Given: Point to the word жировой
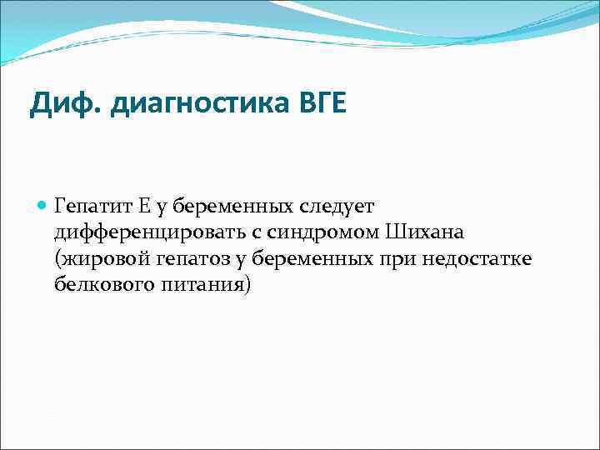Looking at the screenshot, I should pyautogui.click(x=96, y=258).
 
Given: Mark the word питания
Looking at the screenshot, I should pyautogui.click(x=200, y=285).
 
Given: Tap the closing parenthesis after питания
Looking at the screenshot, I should pyautogui.click(x=247, y=285).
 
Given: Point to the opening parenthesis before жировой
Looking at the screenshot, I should pyautogui.click(x=57, y=258).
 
